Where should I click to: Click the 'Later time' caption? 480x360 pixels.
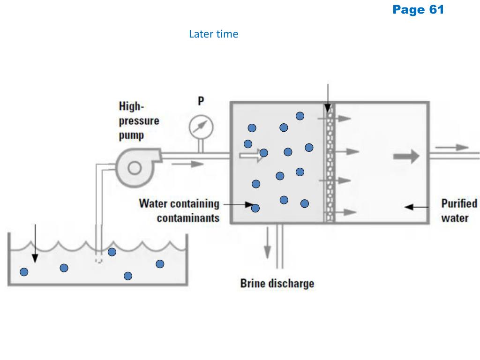click(x=213, y=34)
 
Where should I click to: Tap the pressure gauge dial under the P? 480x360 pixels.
click(x=201, y=126)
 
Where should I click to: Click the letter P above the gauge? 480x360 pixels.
click(x=201, y=101)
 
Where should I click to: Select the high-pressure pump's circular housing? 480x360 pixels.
click(x=134, y=167)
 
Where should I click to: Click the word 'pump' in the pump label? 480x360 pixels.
click(x=131, y=136)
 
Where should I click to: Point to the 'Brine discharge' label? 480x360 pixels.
click(x=277, y=284)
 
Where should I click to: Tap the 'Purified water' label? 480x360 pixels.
click(x=459, y=210)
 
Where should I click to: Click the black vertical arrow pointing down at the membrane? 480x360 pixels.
click(x=327, y=98)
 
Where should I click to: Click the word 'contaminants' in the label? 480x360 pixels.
click(x=188, y=218)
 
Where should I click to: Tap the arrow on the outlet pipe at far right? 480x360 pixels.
click(x=455, y=147)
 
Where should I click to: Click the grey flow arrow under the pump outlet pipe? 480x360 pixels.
click(x=188, y=164)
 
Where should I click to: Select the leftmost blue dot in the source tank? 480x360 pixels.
click(x=24, y=271)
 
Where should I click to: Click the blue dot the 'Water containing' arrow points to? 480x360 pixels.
click(x=255, y=208)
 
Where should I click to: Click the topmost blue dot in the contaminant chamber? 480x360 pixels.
click(x=300, y=116)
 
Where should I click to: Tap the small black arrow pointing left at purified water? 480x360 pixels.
click(x=416, y=206)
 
